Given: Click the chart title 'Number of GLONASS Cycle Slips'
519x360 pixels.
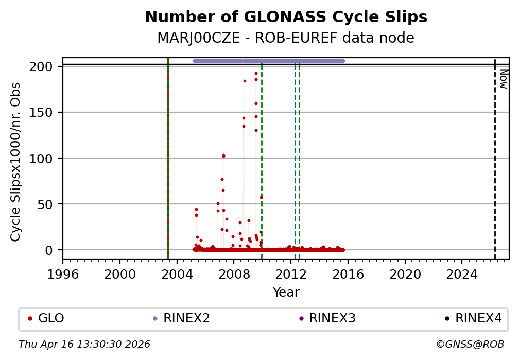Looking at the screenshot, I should [286, 18].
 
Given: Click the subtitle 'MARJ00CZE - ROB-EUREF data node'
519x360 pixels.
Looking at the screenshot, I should [286, 38].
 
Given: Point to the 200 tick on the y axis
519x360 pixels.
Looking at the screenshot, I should [44, 67].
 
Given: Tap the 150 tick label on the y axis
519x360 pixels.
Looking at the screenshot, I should [44, 112].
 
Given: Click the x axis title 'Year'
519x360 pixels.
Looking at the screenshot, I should [286, 293].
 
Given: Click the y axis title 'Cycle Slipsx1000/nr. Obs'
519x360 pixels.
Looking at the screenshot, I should [16, 162].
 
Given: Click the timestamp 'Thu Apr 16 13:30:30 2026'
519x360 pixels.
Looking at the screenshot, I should [84, 344].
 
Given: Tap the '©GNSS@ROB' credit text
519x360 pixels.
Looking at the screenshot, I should [470, 344].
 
